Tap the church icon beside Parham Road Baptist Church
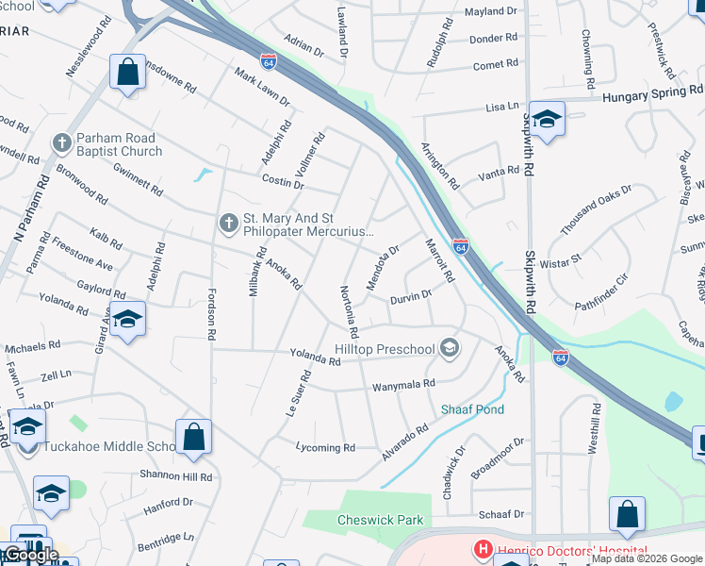pos(62,143)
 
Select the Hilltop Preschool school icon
pos(450,349)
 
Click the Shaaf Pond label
pos(472,409)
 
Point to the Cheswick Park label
pos(381,520)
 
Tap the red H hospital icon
pos(483,549)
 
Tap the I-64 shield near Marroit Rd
pos(460,246)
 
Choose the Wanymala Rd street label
pos(402,384)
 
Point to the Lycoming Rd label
pos(325,447)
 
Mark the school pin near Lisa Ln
pos(547,119)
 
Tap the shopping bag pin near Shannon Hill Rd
pos(193,437)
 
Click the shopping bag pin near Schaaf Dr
pos(627,514)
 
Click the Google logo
pos(30,555)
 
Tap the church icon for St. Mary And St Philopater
pos(228,223)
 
